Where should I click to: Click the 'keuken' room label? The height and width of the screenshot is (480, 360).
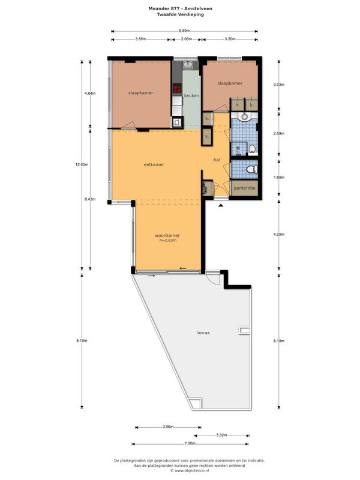(x=191, y=95)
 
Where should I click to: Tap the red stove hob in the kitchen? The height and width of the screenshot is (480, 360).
(x=177, y=88)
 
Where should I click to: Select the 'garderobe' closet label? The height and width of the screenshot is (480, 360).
(x=244, y=188)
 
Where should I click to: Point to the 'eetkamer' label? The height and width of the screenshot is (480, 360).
(x=154, y=164)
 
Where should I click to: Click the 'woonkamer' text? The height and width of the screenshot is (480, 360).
(x=167, y=235)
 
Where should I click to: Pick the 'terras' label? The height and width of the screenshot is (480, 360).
(x=203, y=333)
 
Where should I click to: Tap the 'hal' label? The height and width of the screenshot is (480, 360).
(x=217, y=160)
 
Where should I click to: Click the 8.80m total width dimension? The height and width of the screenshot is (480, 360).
(x=184, y=31)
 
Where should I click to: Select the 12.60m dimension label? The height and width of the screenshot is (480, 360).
(x=82, y=164)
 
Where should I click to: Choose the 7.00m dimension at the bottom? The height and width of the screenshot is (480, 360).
(x=190, y=443)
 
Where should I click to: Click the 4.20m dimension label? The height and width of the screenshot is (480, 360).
(x=279, y=235)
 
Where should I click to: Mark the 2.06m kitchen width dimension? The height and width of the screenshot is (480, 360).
(x=186, y=39)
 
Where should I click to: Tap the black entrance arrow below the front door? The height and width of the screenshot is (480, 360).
(x=221, y=206)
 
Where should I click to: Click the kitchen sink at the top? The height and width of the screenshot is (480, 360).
(x=188, y=65)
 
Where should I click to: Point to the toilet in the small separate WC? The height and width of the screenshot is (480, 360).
(x=252, y=169)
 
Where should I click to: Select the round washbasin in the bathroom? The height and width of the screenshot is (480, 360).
(x=244, y=116)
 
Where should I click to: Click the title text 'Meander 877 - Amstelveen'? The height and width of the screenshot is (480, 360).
(x=181, y=8)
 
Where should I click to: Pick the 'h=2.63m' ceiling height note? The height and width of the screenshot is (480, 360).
(x=168, y=241)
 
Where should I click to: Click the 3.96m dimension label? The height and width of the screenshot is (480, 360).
(x=168, y=427)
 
